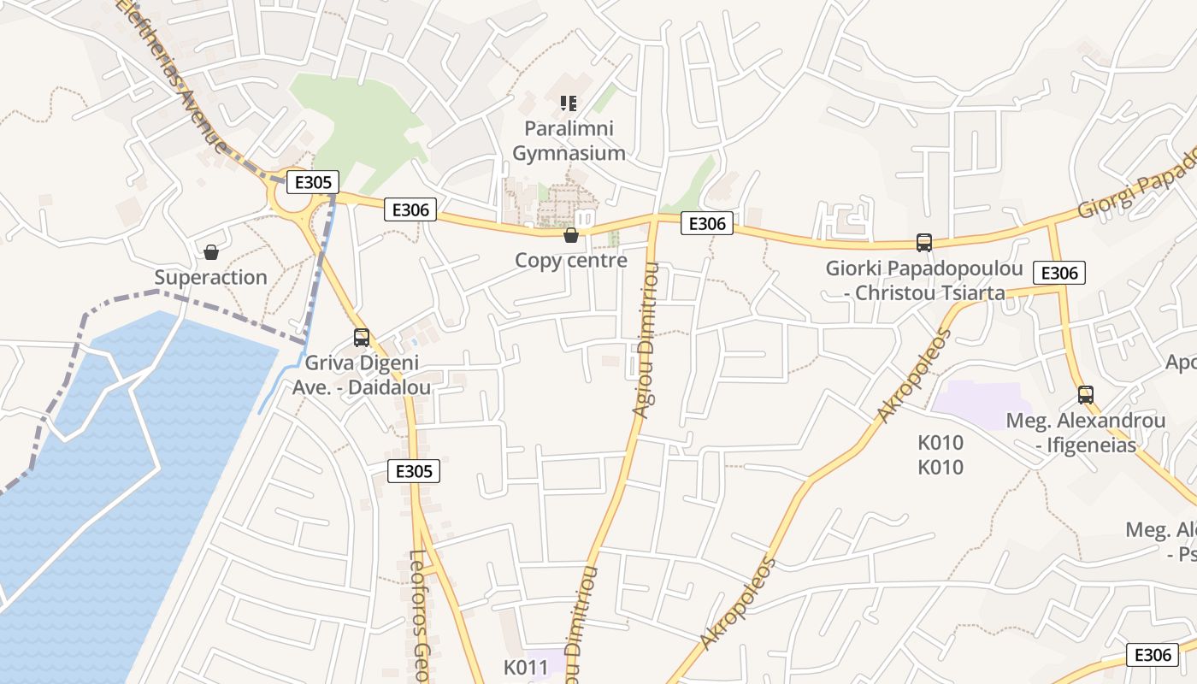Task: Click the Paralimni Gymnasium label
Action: [569, 141]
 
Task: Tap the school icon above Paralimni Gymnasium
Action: [569, 103]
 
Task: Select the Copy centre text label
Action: [571, 261]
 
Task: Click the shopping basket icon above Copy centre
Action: [571, 235]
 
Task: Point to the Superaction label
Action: [211, 278]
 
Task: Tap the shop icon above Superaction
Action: [211, 252]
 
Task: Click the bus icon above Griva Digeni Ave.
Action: [362, 337]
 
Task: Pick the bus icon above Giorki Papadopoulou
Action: [924, 242]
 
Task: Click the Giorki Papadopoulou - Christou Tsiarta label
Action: [924, 280]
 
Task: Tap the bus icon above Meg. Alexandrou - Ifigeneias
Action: [1086, 395]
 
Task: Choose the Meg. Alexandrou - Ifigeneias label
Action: [1086, 433]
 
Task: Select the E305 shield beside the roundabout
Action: [313, 181]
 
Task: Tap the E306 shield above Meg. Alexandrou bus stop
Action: [1060, 273]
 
